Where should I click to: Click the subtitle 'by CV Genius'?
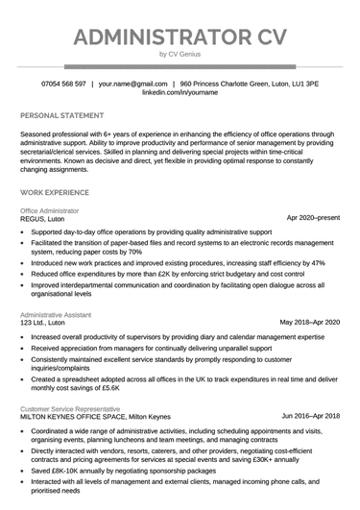coord(180,56)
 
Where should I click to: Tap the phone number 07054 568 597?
coord(63,85)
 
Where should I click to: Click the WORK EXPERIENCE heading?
coord(55,193)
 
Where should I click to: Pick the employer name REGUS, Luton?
coord(43,219)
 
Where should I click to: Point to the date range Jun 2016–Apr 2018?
coord(310,416)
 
